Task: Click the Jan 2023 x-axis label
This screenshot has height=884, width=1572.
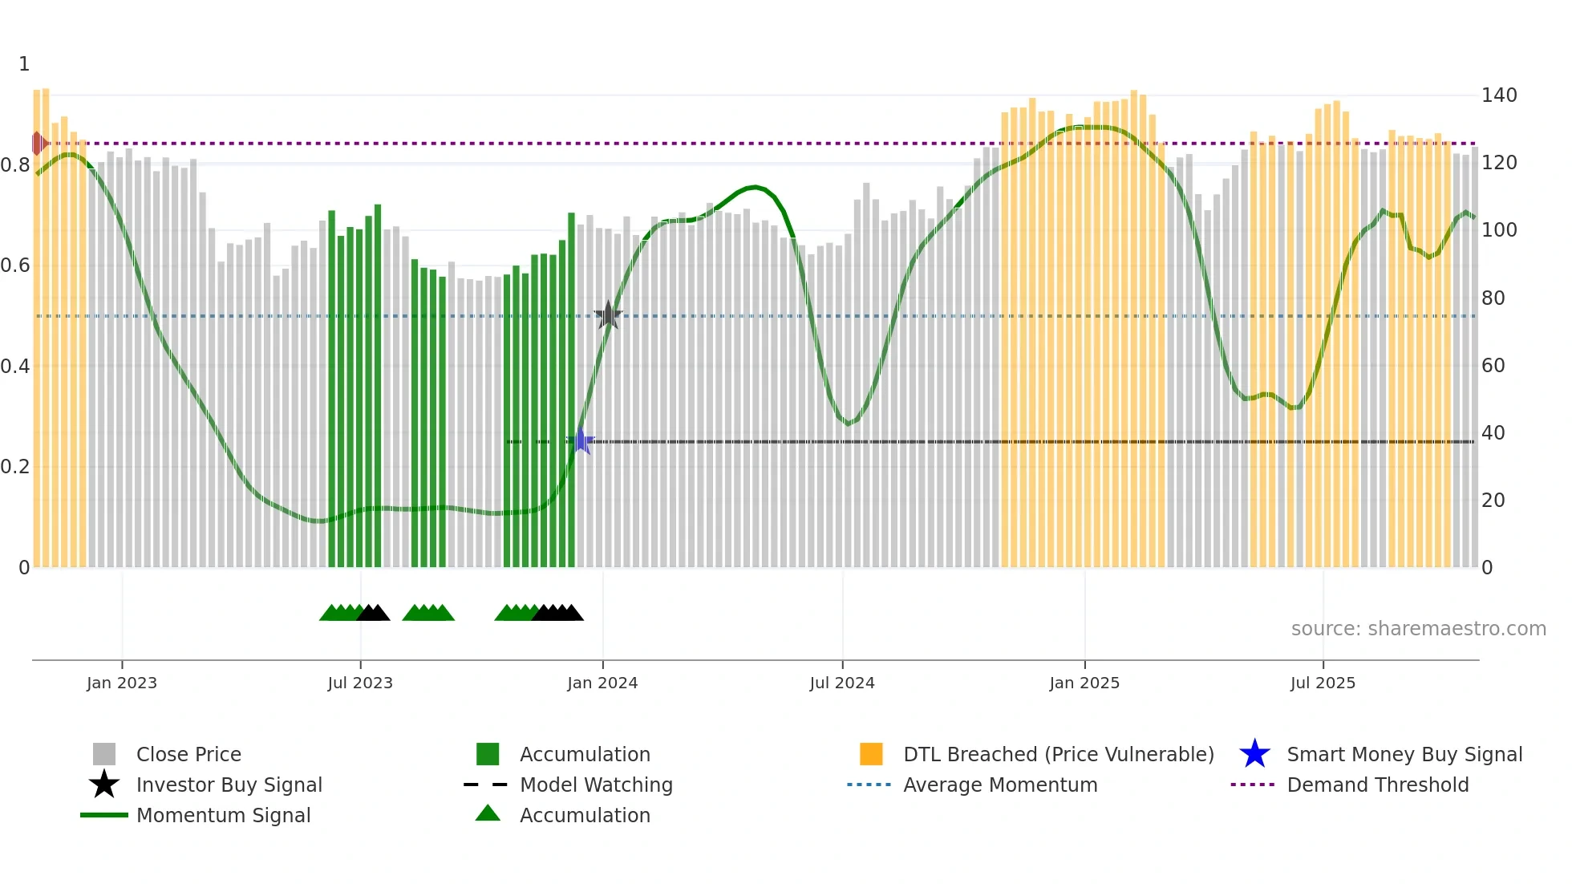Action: pos(122,683)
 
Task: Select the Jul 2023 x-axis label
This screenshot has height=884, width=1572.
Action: pos(360,683)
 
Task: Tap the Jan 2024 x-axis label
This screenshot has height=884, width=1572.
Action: pos(602,683)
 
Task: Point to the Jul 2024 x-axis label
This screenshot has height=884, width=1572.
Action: pos(842,683)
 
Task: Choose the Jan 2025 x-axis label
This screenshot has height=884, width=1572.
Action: pos(1084,683)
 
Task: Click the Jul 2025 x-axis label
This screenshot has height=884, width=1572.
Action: pos(1323,683)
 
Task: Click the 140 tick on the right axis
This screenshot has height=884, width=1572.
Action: pos(1499,95)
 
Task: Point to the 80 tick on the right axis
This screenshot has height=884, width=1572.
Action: pos(1493,298)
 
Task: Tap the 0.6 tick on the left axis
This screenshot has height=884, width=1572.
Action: pos(16,266)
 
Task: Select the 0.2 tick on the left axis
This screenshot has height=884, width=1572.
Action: pos(16,467)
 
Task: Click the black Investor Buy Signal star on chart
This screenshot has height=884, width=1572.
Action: pos(608,315)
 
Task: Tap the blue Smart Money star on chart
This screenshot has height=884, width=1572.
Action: pos(581,441)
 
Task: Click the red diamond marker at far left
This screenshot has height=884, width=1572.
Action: pos(38,144)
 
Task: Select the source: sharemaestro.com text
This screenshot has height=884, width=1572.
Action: pos(1418,629)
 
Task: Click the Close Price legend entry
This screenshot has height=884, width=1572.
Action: pos(188,754)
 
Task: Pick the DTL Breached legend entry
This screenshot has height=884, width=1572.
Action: pos(1058,754)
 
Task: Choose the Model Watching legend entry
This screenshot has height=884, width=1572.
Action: pos(596,785)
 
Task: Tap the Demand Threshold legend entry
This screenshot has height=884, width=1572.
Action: pos(1377,785)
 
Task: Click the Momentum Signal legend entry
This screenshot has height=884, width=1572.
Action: pos(223,815)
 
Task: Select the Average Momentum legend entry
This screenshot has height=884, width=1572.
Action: pos(1000,785)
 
